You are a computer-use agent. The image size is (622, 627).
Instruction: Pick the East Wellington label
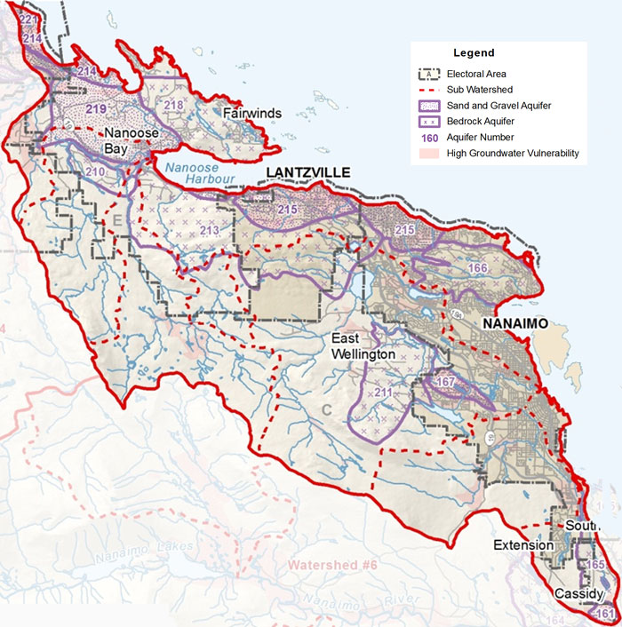click(363, 346)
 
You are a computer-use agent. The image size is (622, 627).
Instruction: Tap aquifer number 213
click(209, 231)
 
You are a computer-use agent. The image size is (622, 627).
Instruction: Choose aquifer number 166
click(478, 268)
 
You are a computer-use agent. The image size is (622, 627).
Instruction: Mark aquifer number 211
click(383, 392)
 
